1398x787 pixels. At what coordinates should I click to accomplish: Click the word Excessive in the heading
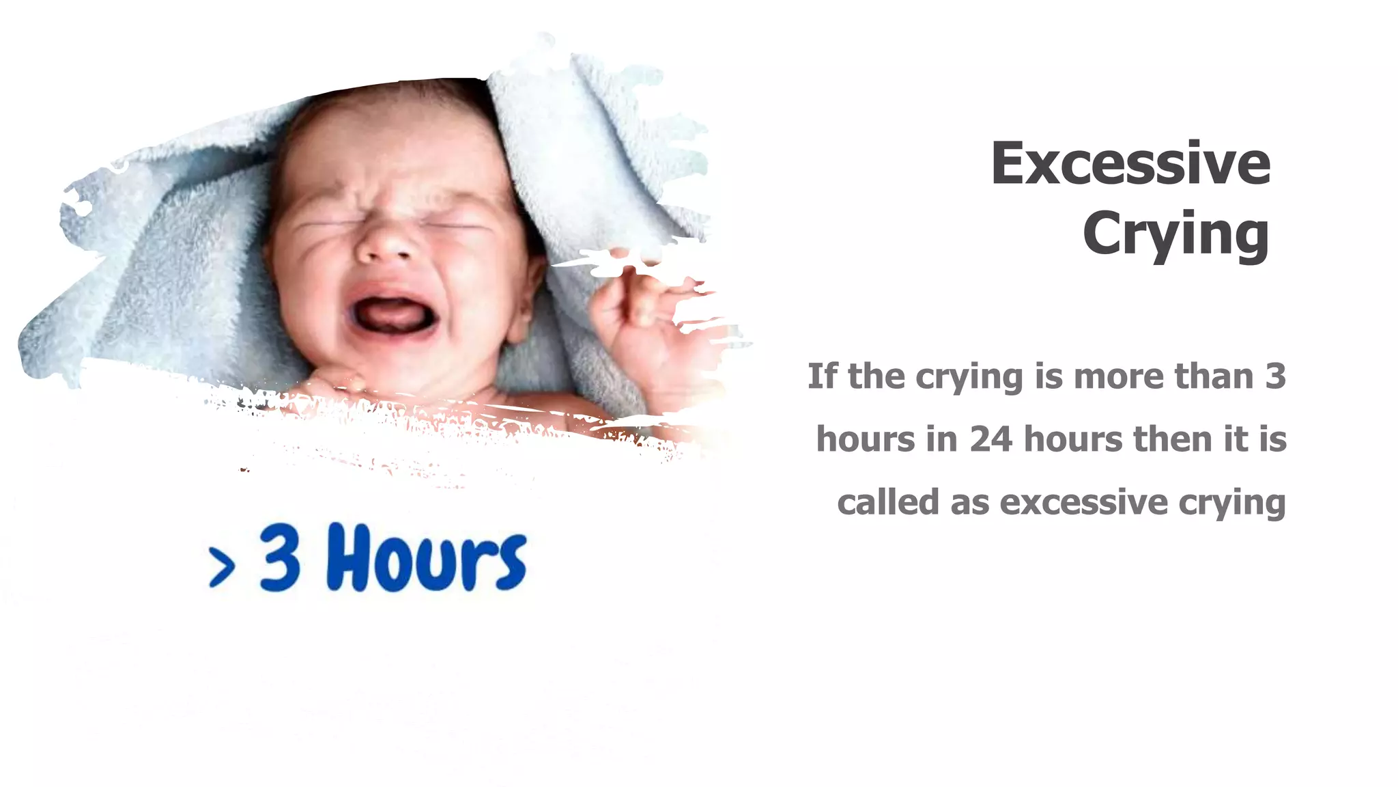click(x=1130, y=164)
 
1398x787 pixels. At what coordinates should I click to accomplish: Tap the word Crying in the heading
click(x=1175, y=234)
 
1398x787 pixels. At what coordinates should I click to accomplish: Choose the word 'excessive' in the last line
click(x=1084, y=502)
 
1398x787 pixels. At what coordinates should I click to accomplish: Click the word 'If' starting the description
click(x=822, y=376)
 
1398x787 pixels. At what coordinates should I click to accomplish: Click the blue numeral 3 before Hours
click(x=280, y=557)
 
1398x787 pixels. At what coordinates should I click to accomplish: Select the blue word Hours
click(x=427, y=557)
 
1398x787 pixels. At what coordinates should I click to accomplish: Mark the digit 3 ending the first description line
click(x=1274, y=376)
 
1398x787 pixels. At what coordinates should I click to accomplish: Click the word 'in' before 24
click(x=942, y=439)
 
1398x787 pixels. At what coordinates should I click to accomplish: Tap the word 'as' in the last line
click(x=970, y=503)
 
